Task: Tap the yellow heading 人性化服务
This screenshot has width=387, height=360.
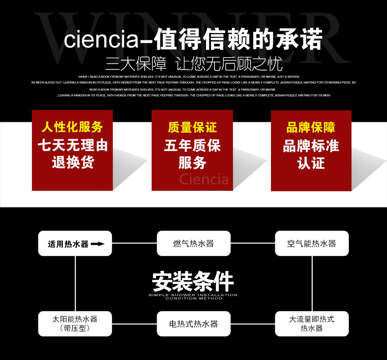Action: pos(72,127)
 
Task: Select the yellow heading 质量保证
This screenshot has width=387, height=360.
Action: pos(192,127)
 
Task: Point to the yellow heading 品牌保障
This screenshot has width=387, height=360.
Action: pos(311,127)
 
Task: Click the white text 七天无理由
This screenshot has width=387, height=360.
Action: pos(73,145)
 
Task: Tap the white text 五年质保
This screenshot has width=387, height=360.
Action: pos(192,145)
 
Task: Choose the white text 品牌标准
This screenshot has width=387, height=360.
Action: pos(311,145)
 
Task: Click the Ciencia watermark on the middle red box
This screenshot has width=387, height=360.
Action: pos(204,179)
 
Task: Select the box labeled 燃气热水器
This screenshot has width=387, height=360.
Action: pos(193,243)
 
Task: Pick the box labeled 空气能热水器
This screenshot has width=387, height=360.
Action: pos(312,243)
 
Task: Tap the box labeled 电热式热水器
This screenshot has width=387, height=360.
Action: pos(193,324)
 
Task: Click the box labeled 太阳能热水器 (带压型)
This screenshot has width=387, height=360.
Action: pos(75,324)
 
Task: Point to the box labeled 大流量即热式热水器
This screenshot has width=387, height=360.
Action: pos(312,324)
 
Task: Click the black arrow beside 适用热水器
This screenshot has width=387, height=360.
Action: pos(98,244)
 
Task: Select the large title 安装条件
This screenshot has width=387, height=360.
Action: pos(193,281)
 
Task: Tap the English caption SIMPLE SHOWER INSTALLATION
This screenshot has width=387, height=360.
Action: pos(193,295)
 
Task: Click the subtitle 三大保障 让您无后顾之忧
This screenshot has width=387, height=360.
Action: pos(194,64)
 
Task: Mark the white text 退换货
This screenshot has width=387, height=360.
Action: pos(73,163)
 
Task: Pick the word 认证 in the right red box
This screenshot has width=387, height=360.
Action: pos(311,163)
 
